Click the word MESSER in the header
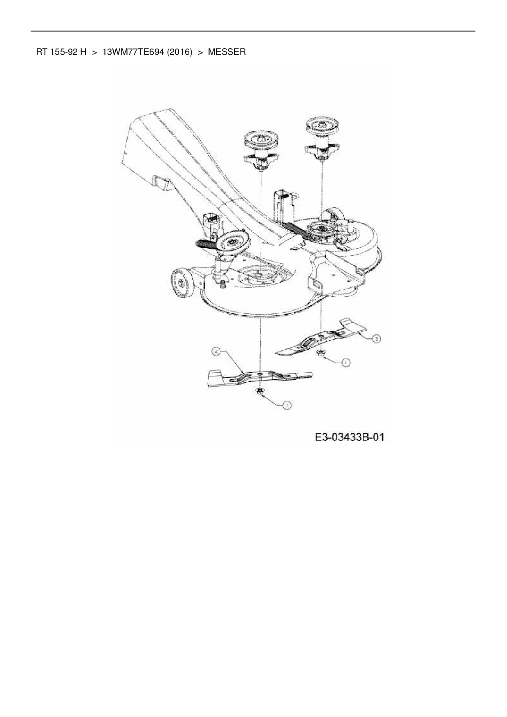[x=227, y=52]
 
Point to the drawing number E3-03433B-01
[x=350, y=437]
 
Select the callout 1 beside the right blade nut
[x=346, y=362]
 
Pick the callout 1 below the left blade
[x=287, y=405]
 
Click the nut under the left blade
[x=259, y=392]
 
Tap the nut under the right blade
[x=321, y=353]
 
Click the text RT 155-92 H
[x=61, y=52]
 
